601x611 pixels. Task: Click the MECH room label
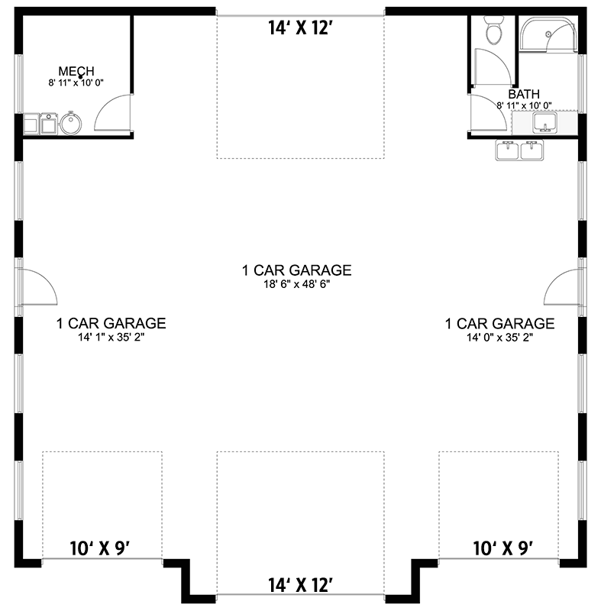(x=76, y=71)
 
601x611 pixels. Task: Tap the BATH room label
(x=524, y=94)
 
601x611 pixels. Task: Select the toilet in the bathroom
(x=493, y=31)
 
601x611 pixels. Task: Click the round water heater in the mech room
(x=72, y=122)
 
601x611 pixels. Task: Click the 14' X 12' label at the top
(x=300, y=29)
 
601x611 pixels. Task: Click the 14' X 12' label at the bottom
(x=300, y=585)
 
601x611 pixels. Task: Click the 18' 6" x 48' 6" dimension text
(x=296, y=283)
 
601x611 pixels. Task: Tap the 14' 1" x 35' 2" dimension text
(x=111, y=337)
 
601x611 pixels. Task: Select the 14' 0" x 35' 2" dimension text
(x=499, y=337)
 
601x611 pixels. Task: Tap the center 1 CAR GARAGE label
(x=296, y=270)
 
